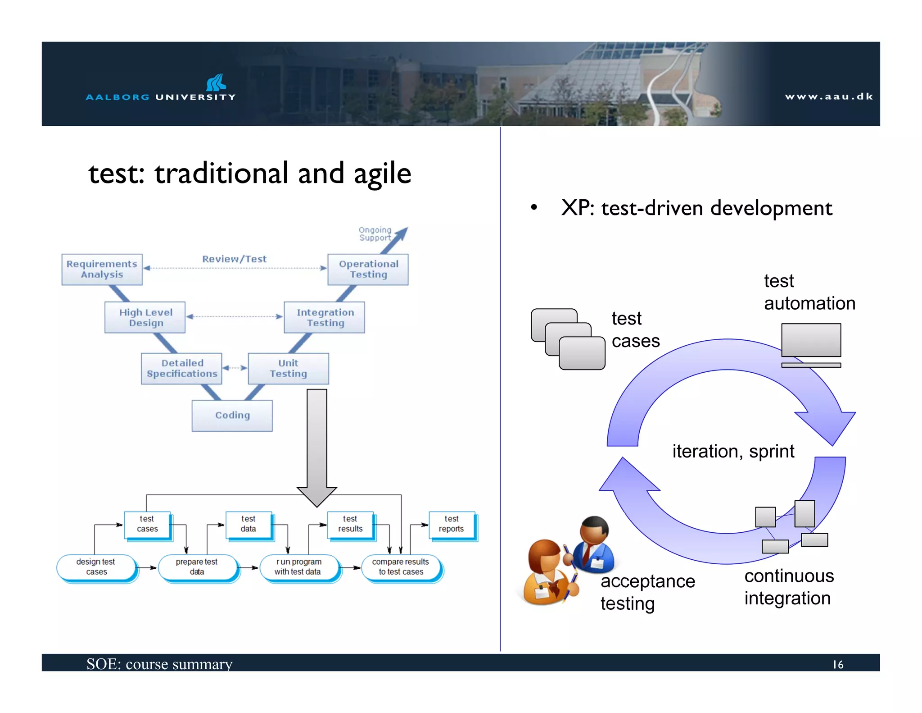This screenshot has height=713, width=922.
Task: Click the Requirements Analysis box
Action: (x=102, y=270)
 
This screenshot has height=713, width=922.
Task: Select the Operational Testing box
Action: (x=368, y=270)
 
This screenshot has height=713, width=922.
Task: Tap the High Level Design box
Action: (x=145, y=317)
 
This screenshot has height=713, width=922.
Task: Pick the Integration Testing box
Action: (x=325, y=317)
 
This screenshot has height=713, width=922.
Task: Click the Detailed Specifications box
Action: (x=181, y=368)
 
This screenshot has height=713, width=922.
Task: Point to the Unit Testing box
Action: (x=288, y=368)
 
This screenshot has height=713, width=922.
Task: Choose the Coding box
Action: (x=232, y=416)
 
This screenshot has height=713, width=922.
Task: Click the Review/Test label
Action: (x=234, y=259)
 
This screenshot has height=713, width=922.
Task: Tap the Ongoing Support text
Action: (x=375, y=234)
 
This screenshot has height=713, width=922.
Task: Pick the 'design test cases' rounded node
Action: (x=96, y=567)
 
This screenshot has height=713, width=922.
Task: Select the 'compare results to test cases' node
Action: (x=401, y=567)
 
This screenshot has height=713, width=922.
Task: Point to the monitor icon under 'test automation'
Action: (x=811, y=342)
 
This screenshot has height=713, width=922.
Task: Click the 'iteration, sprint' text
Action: (x=733, y=452)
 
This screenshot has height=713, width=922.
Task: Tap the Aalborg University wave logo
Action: (x=216, y=82)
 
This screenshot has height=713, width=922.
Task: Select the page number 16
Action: (x=837, y=665)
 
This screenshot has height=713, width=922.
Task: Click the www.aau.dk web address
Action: (x=828, y=96)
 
